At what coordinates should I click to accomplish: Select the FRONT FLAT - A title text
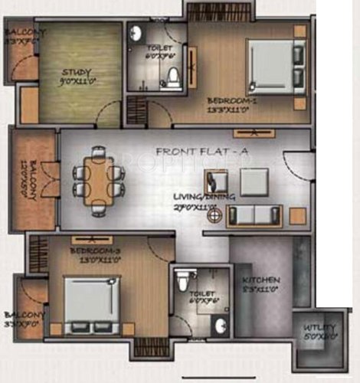(201, 152)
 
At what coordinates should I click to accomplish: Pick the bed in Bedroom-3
(90, 305)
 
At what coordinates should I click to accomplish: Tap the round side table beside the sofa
(217, 215)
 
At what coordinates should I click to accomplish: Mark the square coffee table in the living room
(253, 182)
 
